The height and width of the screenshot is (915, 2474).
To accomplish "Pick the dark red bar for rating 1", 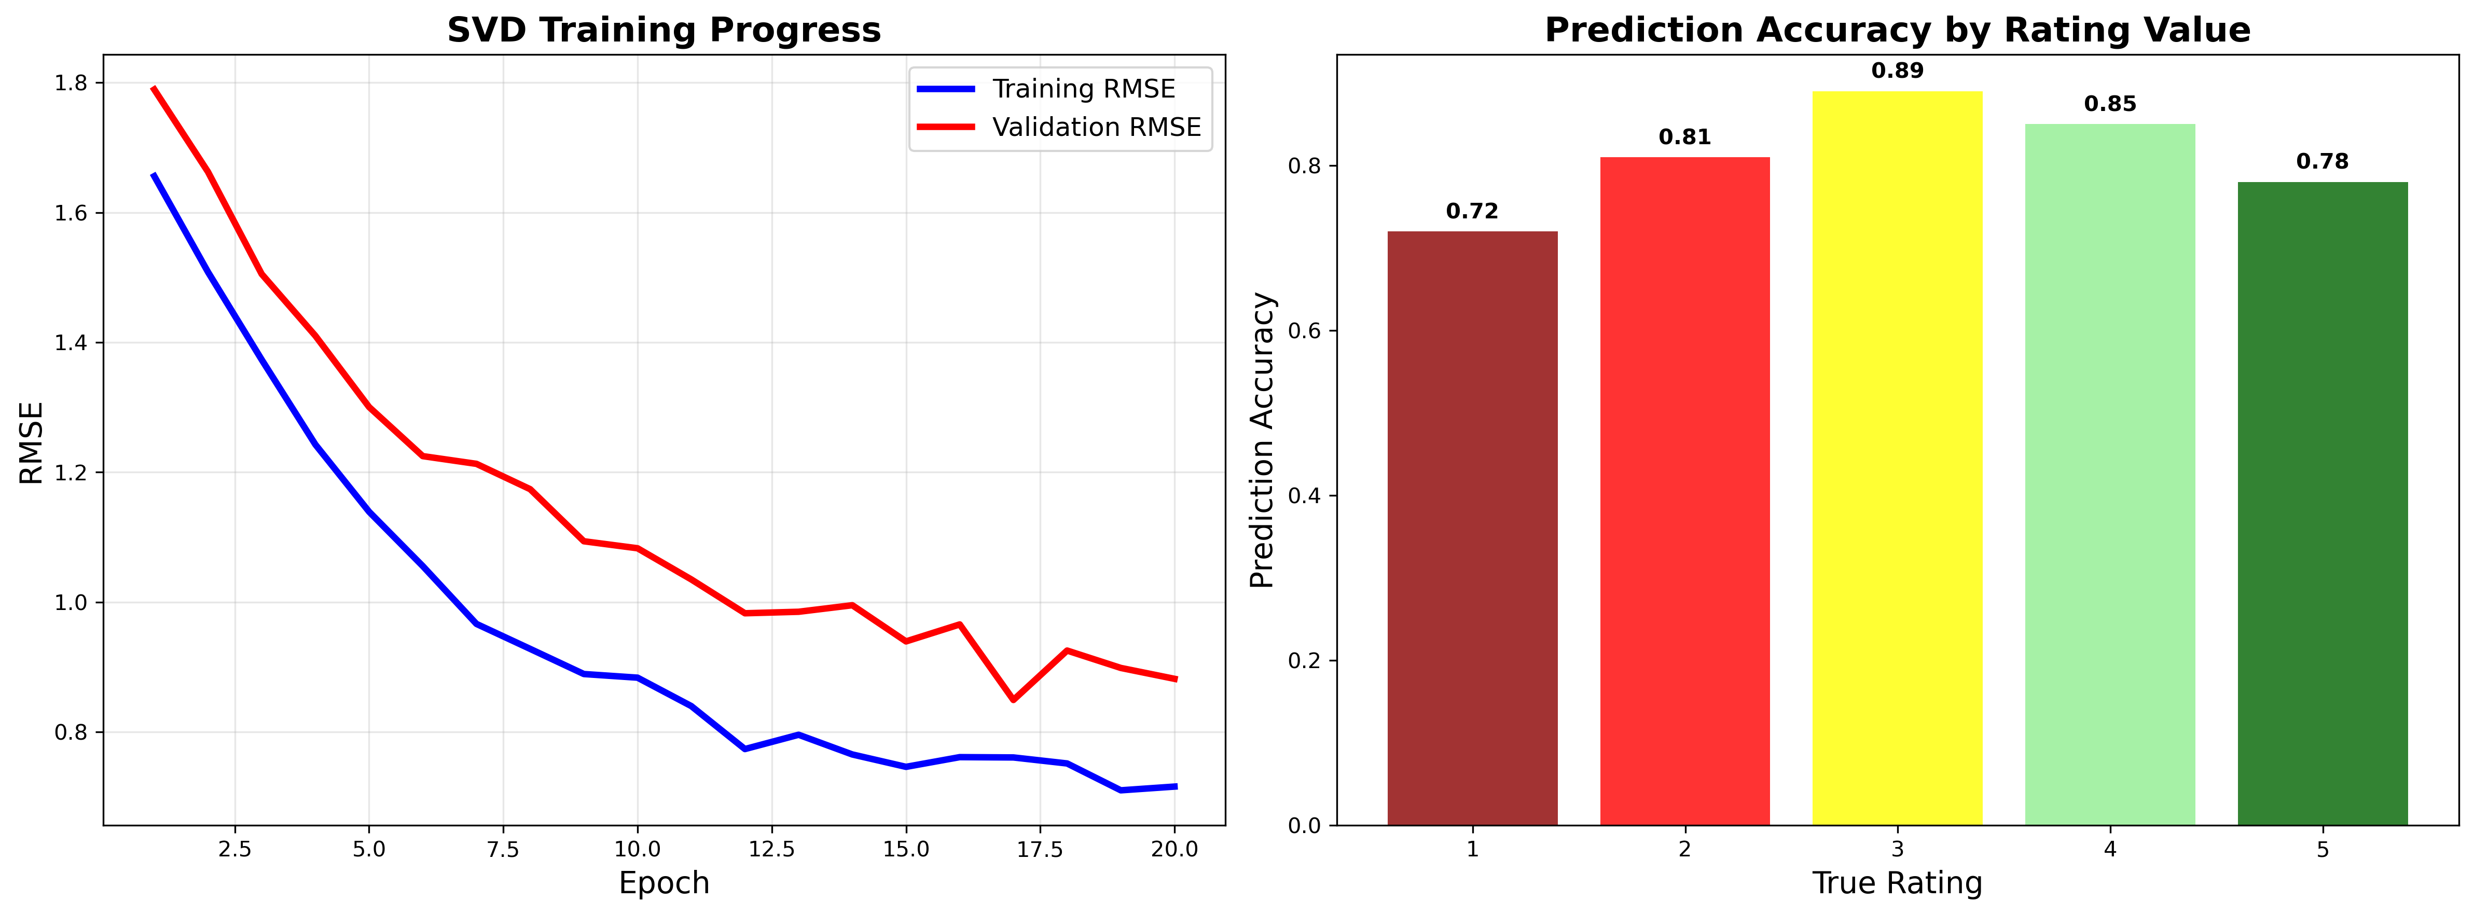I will tap(1471, 528).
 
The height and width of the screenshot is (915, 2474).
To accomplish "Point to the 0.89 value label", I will tap(1897, 71).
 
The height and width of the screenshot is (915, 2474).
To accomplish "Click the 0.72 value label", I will tap(1471, 211).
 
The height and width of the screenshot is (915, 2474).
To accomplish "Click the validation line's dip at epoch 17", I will tap(1013, 700).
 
